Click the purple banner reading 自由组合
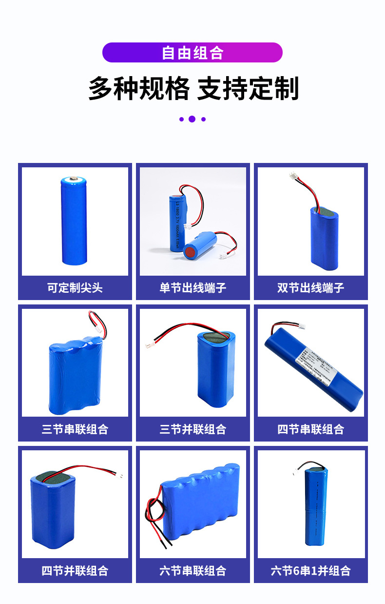(x=192, y=53)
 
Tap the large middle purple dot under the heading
(x=192, y=119)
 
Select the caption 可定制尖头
(x=75, y=288)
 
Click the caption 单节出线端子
(x=193, y=288)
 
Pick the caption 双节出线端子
(x=311, y=288)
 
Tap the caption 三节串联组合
(x=75, y=429)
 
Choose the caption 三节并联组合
(x=193, y=429)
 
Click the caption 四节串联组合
(x=311, y=429)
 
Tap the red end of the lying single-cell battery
(x=189, y=253)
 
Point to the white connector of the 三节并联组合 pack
(x=148, y=345)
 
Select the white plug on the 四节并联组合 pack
(x=120, y=473)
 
